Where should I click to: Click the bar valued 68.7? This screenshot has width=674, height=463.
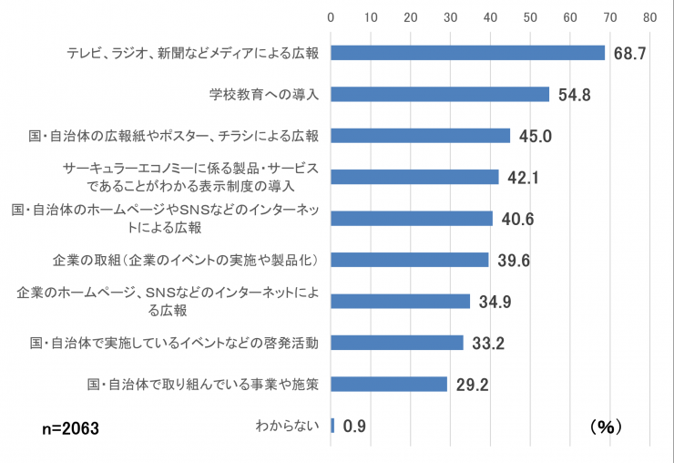(467, 53)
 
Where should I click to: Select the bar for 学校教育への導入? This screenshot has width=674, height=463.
(440, 94)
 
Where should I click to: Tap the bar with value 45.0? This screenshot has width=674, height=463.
(420, 136)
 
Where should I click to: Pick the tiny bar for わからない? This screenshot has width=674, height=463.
(332, 425)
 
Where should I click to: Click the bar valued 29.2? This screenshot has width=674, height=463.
(389, 384)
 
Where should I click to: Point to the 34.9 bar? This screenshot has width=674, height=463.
(400, 301)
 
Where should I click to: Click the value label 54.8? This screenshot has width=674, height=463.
(575, 95)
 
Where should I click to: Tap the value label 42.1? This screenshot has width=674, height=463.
(524, 178)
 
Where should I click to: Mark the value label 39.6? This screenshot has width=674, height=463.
(514, 261)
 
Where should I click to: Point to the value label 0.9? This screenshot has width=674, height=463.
(354, 426)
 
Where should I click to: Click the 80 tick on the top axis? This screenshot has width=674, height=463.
(649, 16)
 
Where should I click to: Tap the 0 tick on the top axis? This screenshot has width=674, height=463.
(331, 16)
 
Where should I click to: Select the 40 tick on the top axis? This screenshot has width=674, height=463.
(490, 16)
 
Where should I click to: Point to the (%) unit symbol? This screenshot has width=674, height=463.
(604, 426)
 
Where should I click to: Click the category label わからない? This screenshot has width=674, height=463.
(287, 426)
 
